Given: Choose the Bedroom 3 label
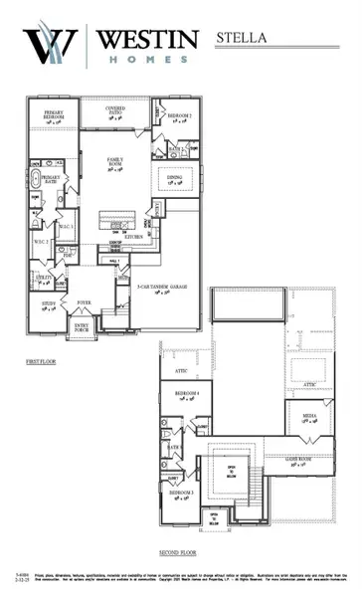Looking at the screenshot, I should pyautogui.click(x=182, y=495).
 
